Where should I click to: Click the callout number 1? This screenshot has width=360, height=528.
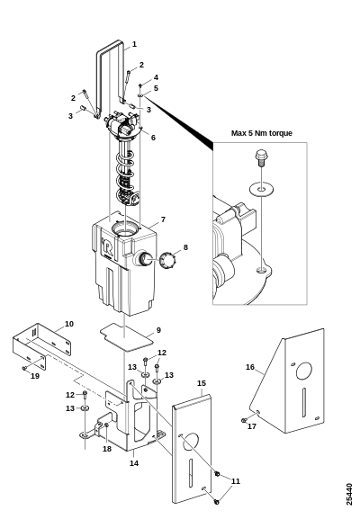tap(134, 44)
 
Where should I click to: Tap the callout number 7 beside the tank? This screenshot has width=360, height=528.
tap(163, 219)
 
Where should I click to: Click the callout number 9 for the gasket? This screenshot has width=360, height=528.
tap(158, 330)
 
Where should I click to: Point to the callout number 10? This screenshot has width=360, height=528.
tap(68, 324)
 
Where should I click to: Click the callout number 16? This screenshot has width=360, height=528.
tap(250, 367)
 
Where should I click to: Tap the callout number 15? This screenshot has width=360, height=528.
tap(202, 383)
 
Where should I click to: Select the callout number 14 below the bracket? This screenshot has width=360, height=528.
tap(134, 463)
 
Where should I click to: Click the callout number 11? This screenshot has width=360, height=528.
tap(236, 481)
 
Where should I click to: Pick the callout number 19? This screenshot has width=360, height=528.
tap(35, 376)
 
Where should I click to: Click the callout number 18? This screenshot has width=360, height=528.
tap(107, 449)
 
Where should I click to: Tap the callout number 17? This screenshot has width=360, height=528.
tap(252, 426)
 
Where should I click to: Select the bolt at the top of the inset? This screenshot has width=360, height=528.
tap(261, 159)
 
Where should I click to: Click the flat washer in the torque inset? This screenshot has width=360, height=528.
tap(261, 189)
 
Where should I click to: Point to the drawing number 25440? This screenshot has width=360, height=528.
tap(349, 494)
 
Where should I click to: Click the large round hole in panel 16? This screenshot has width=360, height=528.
tap(303, 371)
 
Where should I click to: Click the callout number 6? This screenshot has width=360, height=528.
tap(153, 138)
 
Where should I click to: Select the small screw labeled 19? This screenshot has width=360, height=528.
tap(24, 369)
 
